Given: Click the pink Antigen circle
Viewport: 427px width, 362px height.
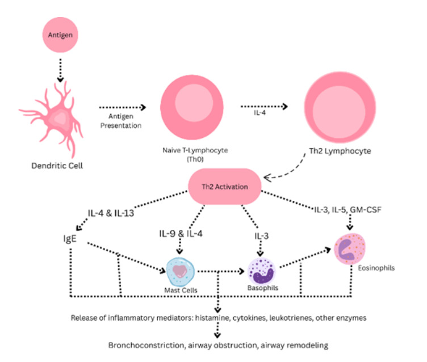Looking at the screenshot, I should coord(59,35).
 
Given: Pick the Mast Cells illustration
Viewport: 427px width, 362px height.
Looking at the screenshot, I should coord(180,271).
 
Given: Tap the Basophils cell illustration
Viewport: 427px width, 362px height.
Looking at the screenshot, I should coord(262,271).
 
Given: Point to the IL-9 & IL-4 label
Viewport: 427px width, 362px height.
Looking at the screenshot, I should coord(181,233).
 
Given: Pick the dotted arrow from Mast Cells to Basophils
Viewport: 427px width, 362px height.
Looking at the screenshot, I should coord(221,271).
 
